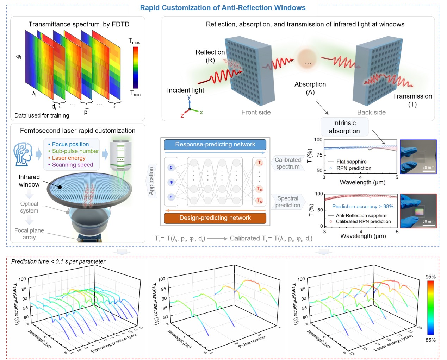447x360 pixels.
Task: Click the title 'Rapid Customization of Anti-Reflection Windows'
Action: click(223, 8)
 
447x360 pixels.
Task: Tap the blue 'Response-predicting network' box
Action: click(215, 144)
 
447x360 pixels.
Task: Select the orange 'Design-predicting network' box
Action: click(215, 218)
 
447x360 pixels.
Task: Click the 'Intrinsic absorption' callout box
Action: click(344, 127)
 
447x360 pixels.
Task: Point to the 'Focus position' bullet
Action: click(70, 144)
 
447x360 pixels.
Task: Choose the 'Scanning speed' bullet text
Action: click(72, 165)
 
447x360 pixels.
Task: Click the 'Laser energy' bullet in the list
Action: click(68, 158)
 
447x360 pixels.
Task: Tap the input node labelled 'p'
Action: click(171, 168)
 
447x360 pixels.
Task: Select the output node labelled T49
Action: click(260, 201)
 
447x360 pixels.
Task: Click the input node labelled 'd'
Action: click(171, 197)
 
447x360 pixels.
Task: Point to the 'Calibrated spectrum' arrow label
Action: click(288, 163)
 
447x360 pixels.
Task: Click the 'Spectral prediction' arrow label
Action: click(288, 202)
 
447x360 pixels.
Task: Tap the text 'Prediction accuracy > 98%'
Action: click(362, 207)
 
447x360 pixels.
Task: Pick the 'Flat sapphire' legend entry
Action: click(351, 162)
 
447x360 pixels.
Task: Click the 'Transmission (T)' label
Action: click(412, 100)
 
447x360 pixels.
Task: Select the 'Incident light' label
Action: click(185, 90)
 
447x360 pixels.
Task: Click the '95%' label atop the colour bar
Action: click(430, 277)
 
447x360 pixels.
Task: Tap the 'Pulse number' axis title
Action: click(252, 341)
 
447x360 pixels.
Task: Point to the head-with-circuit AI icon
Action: click(23, 154)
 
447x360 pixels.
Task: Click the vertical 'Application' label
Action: click(152, 181)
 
